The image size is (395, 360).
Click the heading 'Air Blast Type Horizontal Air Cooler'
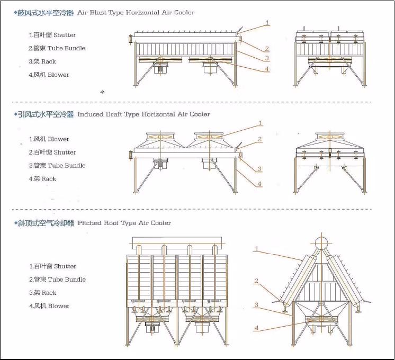click(136, 12)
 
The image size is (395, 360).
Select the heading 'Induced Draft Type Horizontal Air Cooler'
click(143, 114)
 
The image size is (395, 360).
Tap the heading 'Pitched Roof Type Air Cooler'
click(124, 223)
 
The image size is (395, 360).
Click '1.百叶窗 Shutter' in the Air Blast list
click(52, 35)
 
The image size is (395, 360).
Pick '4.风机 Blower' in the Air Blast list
click(49, 75)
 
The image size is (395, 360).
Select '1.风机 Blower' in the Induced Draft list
click(49, 139)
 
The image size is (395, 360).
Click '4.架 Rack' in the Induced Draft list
click(42, 179)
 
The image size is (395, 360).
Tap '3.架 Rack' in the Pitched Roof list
click(42, 293)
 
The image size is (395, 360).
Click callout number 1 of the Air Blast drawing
click(267, 23)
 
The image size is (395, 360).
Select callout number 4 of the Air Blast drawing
click(267, 68)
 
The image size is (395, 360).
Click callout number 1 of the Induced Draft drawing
click(261, 123)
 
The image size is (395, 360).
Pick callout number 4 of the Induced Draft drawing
click(260, 184)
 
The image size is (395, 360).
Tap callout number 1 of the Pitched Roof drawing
click(256, 248)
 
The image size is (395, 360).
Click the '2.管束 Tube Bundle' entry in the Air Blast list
click(57, 48)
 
